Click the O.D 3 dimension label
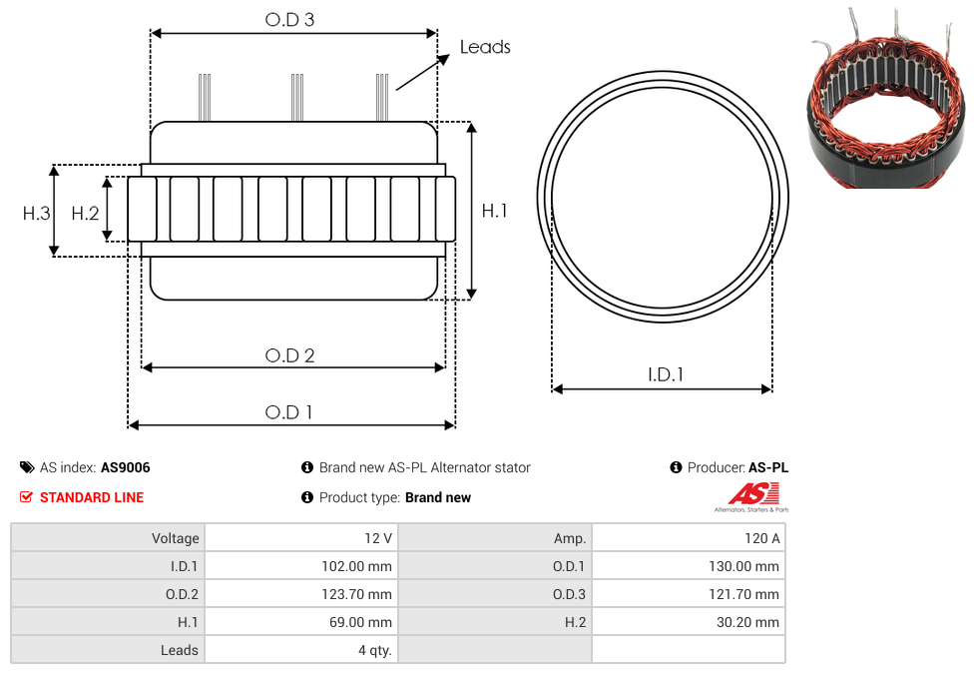click(290, 19)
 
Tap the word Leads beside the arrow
click(485, 47)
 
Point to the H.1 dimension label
click(494, 211)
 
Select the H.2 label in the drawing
click(85, 214)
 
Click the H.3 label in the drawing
click(37, 214)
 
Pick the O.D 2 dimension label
click(290, 355)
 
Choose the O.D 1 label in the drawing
click(288, 412)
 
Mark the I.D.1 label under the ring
click(666, 374)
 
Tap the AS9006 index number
click(126, 467)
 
